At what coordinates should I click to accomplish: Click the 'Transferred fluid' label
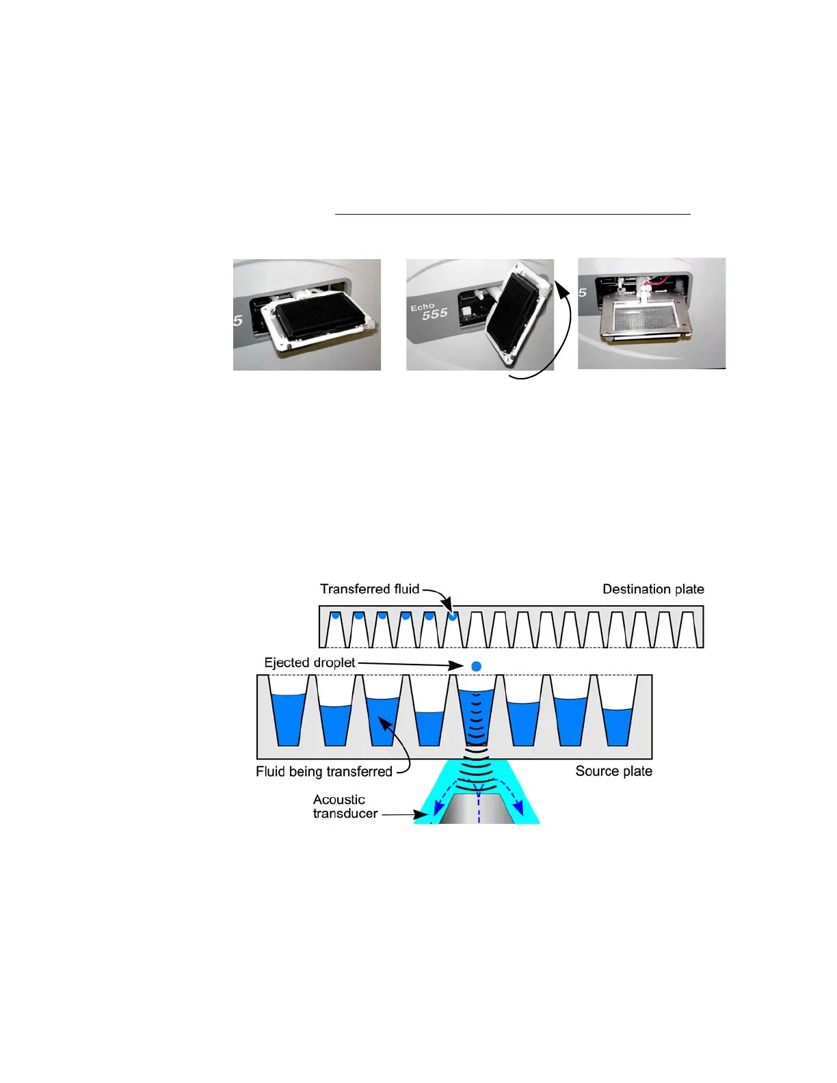pos(369,589)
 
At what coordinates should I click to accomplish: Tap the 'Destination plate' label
pos(653,589)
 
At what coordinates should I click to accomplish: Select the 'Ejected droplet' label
pos(310,663)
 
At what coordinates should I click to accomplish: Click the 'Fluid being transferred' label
pos(323,772)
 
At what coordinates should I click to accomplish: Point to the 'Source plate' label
pos(613,771)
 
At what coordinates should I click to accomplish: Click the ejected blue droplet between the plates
pos(477,666)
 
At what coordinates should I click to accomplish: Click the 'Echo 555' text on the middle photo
pos(429,311)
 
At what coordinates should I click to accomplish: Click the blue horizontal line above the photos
pos(512,215)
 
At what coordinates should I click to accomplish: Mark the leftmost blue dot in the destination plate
pos(335,616)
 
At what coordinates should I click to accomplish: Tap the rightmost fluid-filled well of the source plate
pos(617,726)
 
